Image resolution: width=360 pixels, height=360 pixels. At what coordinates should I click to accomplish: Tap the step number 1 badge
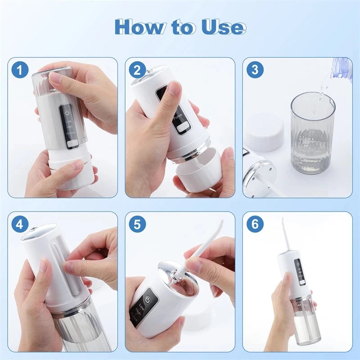pyautogui.click(x=20, y=70)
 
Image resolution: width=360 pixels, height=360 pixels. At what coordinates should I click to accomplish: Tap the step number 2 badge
pyautogui.click(x=137, y=70)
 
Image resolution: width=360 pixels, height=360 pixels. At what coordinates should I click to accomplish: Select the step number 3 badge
pyautogui.click(x=255, y=70)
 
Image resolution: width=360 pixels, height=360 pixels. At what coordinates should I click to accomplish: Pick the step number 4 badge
pyautogui.click(x=20, y=224)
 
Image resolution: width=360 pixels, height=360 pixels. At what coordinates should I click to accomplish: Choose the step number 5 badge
pyautogui.click(x=137, y=224)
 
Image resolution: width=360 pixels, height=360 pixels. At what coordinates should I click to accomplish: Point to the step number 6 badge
pyautogui.click(x=255, y=224)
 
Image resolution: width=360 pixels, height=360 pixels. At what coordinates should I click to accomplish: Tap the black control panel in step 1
pyautogui.click(x=69, y=126)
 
